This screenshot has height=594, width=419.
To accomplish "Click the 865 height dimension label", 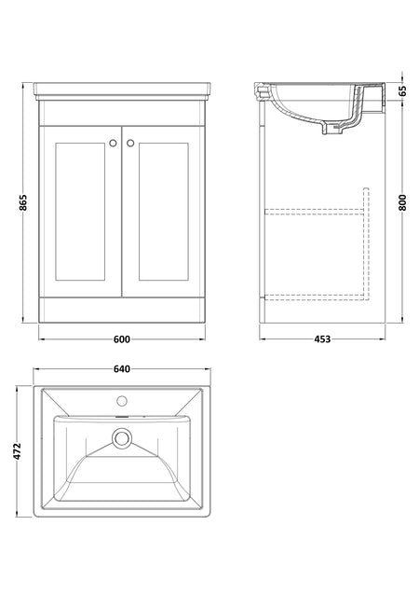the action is (23, 202).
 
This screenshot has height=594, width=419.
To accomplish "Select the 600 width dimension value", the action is (122, 339).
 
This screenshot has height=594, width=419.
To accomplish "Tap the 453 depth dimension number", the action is (322, 339).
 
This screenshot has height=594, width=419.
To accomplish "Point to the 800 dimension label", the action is (402, 202).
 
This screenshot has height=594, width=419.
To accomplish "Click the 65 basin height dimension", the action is (402, 91).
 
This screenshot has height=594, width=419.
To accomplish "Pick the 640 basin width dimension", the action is (122, 368).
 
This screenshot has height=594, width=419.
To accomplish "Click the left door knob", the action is (113, 143).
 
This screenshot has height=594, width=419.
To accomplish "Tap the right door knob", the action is (130, 143).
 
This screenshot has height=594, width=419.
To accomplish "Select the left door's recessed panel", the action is (80, 212).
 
